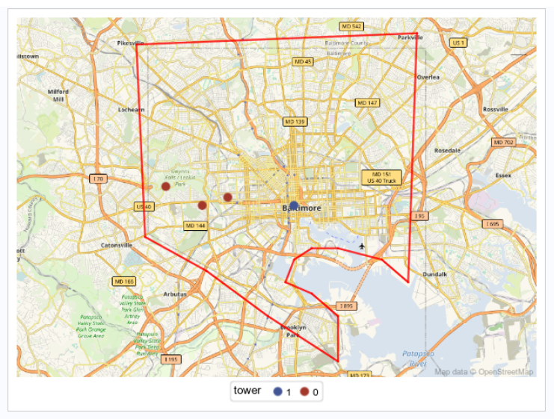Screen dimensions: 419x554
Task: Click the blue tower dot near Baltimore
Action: coord(294,204)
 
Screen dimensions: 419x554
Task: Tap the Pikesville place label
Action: coord(131,43)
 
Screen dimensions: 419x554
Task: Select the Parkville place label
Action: coord(410,37)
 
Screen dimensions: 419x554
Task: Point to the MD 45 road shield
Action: coord(303,61)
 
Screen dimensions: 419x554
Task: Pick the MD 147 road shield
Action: coord(366,102)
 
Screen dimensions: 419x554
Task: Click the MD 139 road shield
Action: coord(295,121)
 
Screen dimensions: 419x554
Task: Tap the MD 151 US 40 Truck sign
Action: coord(381,177)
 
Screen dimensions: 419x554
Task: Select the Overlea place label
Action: coord(428,77)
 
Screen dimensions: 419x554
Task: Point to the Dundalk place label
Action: coord(434,274)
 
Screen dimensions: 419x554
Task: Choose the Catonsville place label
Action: coord(117,245)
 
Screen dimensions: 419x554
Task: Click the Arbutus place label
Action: coord(174,294)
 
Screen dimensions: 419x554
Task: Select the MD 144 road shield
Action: coord(195,225)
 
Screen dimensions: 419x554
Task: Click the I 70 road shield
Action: coord(98,179)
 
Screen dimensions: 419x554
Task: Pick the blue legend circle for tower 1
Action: coord(277,392)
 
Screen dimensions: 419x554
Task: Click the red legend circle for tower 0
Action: coord(304,392)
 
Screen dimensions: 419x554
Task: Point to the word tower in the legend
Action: coord(247,391)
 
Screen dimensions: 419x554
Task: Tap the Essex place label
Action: coord(503,176)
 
